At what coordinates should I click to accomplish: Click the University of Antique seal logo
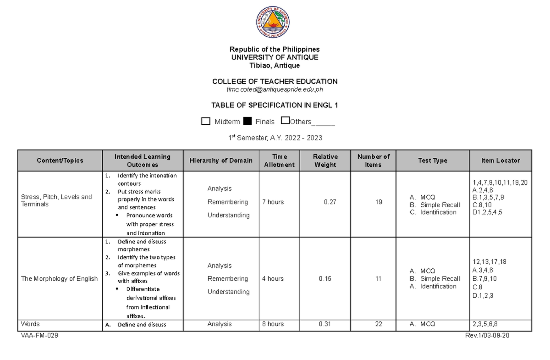point(273,23)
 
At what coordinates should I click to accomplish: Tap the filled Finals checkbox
point(247,121)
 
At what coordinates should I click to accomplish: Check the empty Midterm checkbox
point(206,121)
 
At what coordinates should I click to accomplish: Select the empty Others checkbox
point(285,121)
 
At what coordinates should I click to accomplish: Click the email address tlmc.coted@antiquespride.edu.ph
point(275,89)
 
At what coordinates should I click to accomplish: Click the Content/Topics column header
point(60,161)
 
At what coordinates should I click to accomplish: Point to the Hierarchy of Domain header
point(221,161)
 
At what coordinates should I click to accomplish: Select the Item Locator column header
point(500,161)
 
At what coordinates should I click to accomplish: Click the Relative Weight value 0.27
point(329,202)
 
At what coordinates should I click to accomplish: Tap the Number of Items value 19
point(378,202)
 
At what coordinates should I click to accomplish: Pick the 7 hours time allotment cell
point(273,202)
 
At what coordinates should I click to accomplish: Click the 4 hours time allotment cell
point(273,278)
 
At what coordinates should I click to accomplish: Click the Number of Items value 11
point(378,278)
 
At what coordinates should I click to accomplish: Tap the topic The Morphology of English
point(59,278)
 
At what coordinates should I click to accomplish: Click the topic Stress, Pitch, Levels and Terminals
point(56,200)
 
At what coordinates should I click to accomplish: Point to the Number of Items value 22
point(378,324)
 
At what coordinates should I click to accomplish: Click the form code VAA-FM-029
point(39,336)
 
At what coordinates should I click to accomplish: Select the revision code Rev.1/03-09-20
point(487,336)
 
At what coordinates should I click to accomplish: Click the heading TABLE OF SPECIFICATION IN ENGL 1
point(275,105)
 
